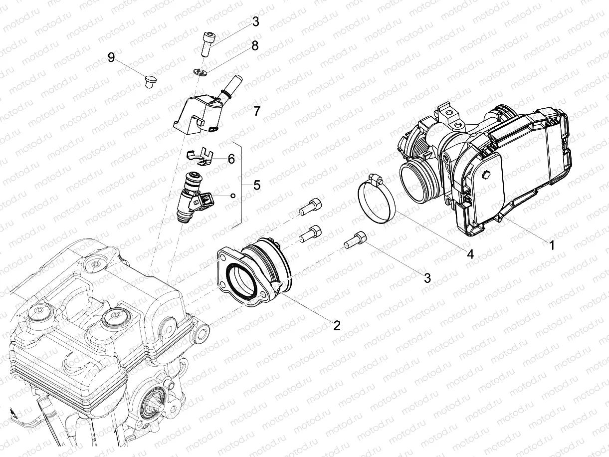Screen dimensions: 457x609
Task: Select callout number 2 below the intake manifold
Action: click(337, 325)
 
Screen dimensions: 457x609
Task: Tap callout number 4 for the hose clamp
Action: click(469, 254)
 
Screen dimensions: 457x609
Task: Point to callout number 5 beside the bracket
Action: click(256, 185)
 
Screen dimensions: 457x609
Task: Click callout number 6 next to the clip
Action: click(231, 159)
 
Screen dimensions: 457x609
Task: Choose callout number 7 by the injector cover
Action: click(256, 111)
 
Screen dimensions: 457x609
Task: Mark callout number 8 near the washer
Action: click(255, 46)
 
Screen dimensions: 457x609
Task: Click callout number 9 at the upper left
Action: click(111, 57)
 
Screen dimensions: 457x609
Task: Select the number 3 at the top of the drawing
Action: click(255, 21)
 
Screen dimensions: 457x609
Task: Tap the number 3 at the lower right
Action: click(427, 278)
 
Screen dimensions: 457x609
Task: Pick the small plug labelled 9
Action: click(149, 80)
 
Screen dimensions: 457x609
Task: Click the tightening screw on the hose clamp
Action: click(375, 177)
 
